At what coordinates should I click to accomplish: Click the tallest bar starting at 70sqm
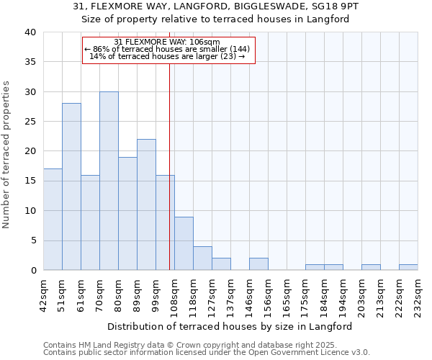tap(109, 181)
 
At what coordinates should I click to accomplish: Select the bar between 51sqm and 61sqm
tap(71, 186)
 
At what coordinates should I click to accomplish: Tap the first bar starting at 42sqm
tap(53, 220)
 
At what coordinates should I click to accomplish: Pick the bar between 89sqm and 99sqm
tap(146, 204)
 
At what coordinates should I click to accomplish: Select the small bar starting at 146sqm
tap(258, 264)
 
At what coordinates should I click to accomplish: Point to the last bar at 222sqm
tap(408, 267)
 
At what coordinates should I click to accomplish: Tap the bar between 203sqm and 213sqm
tap(371, 267)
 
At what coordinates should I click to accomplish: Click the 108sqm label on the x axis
tap(174, 294)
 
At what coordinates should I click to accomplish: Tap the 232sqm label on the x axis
tap(418, 294)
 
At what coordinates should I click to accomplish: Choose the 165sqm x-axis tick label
tap(287, 294)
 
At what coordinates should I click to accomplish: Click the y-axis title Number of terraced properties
tap(7, 154)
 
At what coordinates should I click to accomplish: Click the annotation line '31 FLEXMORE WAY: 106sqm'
tap(168, 42)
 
